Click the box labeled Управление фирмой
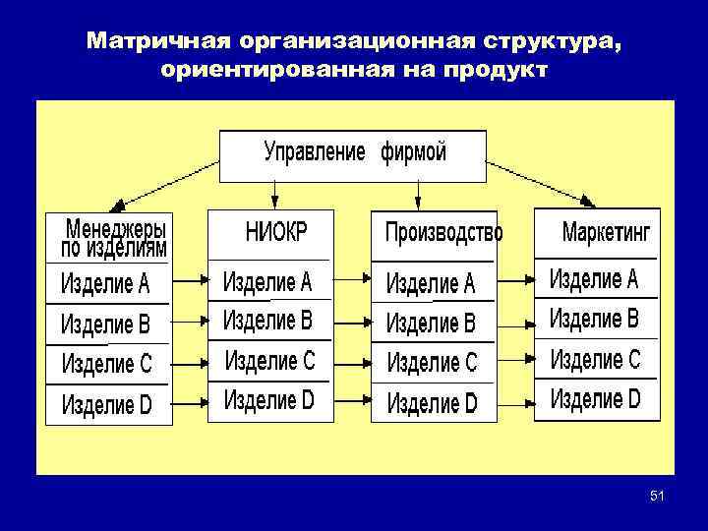coord(353,154)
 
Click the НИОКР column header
coord(276,232)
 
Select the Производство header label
coord(443,233)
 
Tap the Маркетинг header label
coord(606,233)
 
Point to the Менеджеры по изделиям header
coord(114,237)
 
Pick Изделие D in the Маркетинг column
coord(595,399)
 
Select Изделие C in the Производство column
coord(432,362)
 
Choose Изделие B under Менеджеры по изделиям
coord(105,324)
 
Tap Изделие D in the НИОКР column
coord(268,400)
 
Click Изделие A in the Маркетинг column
coord(593,279)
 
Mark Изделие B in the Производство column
coord(431,323)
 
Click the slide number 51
coord(657,499)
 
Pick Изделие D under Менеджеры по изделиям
coord(106,403)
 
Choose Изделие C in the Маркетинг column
coord(594,359)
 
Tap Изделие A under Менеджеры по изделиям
coord(105,284)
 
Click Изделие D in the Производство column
coord(432,402)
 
